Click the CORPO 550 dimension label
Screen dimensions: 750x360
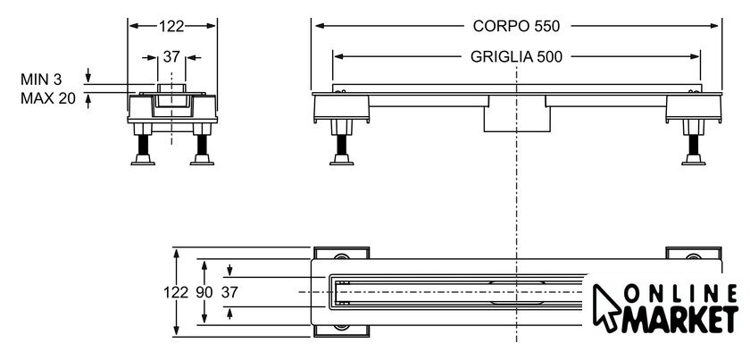[x=516, y=26]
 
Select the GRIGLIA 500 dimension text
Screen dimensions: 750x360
[x=516, y=57]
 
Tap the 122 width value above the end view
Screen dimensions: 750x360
[x=171, y=26]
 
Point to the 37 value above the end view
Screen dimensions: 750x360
[x=171, y=57]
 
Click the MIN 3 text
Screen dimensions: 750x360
[x=41, y=80]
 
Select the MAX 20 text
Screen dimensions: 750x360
[x=48, y=98]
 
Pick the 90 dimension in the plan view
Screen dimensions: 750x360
[x=204, y=292]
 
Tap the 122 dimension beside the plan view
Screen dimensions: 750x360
[x=176, y=292]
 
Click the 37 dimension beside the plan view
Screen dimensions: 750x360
[x=229, y=292]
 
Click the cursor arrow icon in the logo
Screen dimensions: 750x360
[x=607, y=308]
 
